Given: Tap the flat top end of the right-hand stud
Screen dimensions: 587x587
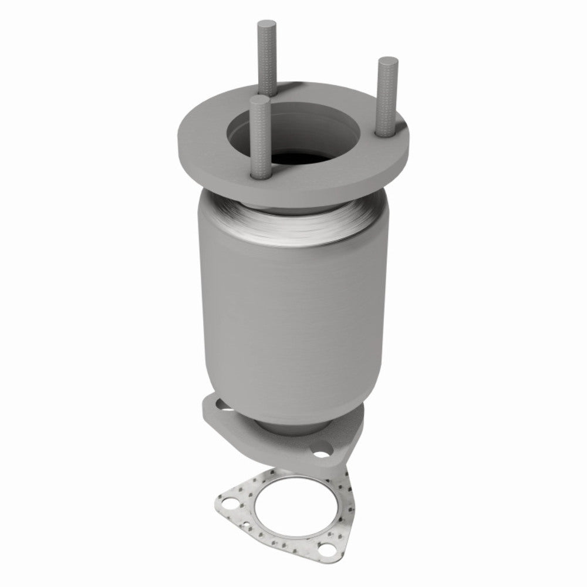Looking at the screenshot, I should [x=387, y=60].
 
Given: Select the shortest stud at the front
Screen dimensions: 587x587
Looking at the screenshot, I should [x=259, y=141].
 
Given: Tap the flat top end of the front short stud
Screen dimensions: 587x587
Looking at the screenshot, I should [x=259, y=101].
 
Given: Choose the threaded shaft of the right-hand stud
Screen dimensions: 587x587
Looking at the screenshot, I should [x=388, y=100].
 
